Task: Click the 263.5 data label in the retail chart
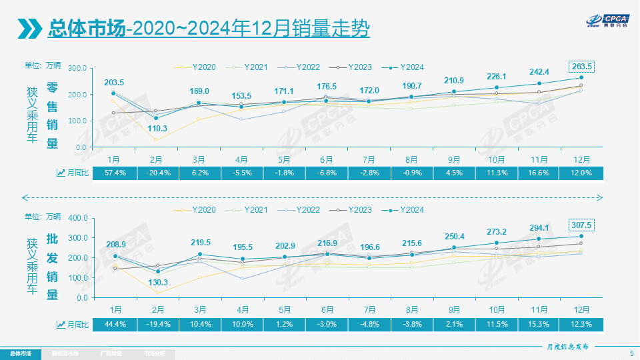[x=581, y=66]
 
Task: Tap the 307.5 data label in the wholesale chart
[x=581, y=225]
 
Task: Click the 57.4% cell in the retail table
[x=114, y=173]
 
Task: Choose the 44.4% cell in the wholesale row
[x=114, y=324]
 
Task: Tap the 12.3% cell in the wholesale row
[x=581, y=324]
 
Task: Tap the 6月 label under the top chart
[x=327, y=160]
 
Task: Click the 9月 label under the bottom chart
[x=454, y=310]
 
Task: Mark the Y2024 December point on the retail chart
[x=581, y=77]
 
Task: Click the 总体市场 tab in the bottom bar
[x=20, y=353]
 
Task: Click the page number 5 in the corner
[x=631, y=353]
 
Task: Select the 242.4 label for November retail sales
[x=539, y=72]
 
